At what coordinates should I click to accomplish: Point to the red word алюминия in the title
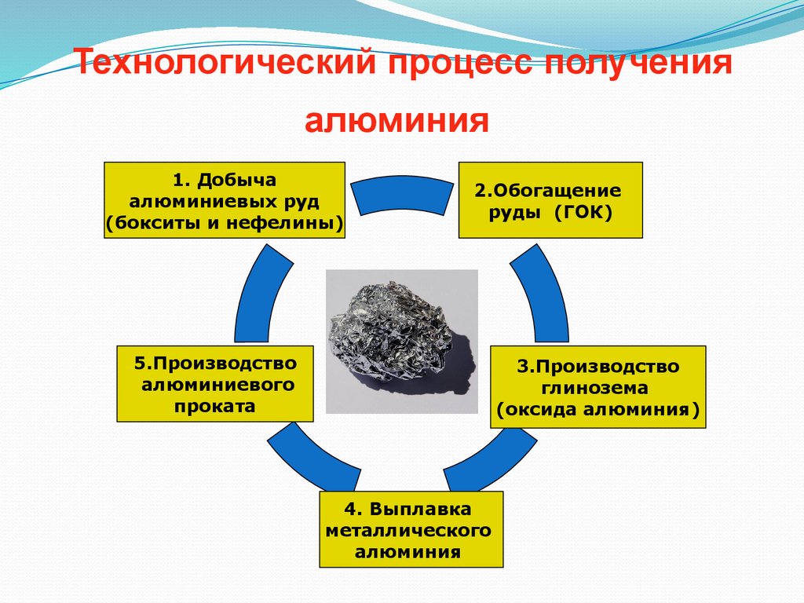397,122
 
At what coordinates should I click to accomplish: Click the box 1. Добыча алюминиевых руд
225,200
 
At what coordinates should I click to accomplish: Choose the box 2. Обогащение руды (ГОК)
550,200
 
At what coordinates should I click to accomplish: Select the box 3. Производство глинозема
598,387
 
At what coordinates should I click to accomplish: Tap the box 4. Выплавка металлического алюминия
411,529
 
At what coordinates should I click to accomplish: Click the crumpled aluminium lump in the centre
397,333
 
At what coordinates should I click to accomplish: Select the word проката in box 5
214,407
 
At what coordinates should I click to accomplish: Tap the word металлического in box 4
411,530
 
